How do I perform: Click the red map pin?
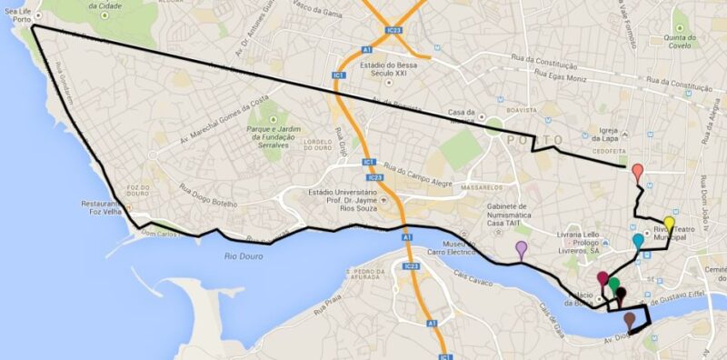[638, 171]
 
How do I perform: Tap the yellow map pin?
[669, 224]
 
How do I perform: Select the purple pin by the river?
[521, 247]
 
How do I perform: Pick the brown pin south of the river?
[629, 319]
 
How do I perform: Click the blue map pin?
[637, 241]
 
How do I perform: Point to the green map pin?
[615, 285]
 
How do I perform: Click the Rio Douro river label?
[243, 257]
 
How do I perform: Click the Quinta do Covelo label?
[680, 43]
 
